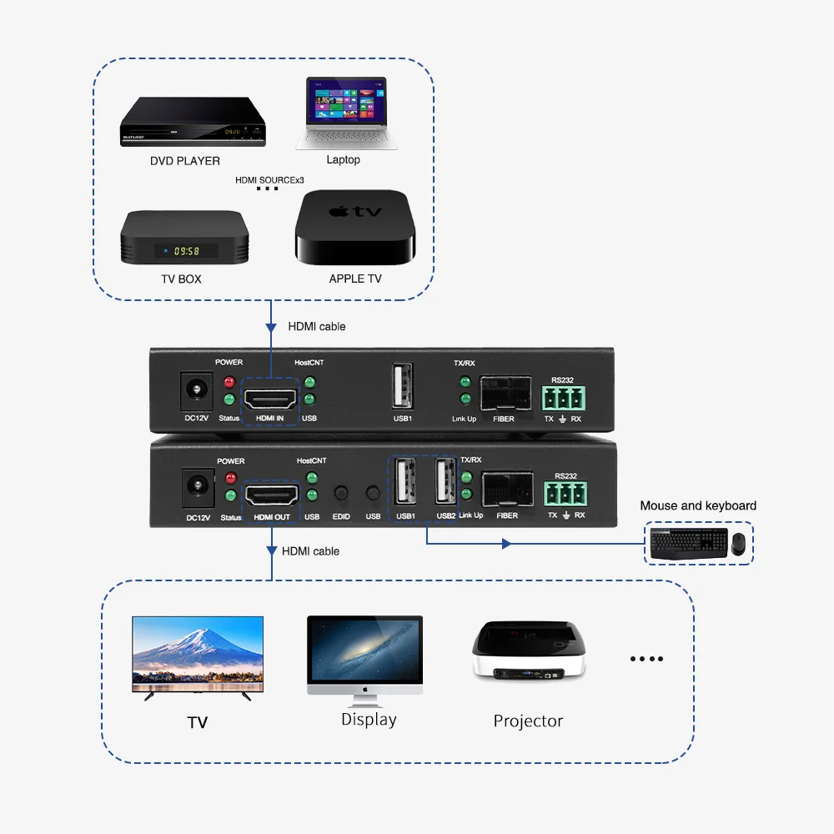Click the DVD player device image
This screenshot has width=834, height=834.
pos(193,122)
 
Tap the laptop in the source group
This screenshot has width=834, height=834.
pos(345,113)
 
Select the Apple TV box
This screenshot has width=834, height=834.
pos(355,227)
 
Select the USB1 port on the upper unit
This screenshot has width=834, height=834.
pos(402,389)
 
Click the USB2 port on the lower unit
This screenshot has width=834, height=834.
pos(445,485)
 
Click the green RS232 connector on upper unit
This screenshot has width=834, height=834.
pos(564,397)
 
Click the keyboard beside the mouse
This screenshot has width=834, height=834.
pos(688,544)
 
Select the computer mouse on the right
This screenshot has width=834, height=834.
pos(738,544)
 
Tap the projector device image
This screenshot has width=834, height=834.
pos(529,651)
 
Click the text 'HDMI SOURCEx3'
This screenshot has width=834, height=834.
pos(269,179)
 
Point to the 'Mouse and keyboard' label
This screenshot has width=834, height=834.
pos(698,505)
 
